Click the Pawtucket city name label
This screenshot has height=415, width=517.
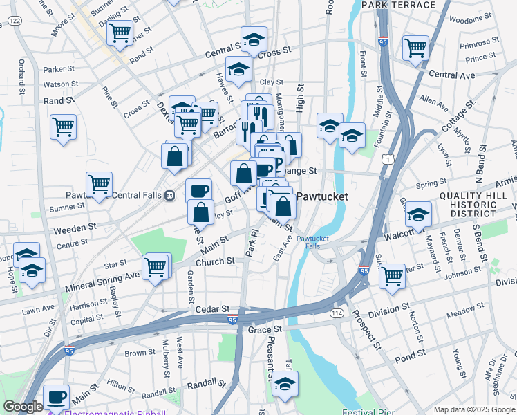321,196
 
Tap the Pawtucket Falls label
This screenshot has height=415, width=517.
312,242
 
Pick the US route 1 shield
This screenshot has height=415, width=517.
391,159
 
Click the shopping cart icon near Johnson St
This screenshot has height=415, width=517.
392,275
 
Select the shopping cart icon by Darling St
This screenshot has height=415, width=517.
120,32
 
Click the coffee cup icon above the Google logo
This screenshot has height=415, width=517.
56,396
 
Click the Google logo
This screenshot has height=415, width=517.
23,407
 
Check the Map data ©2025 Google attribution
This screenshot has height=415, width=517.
473,409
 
